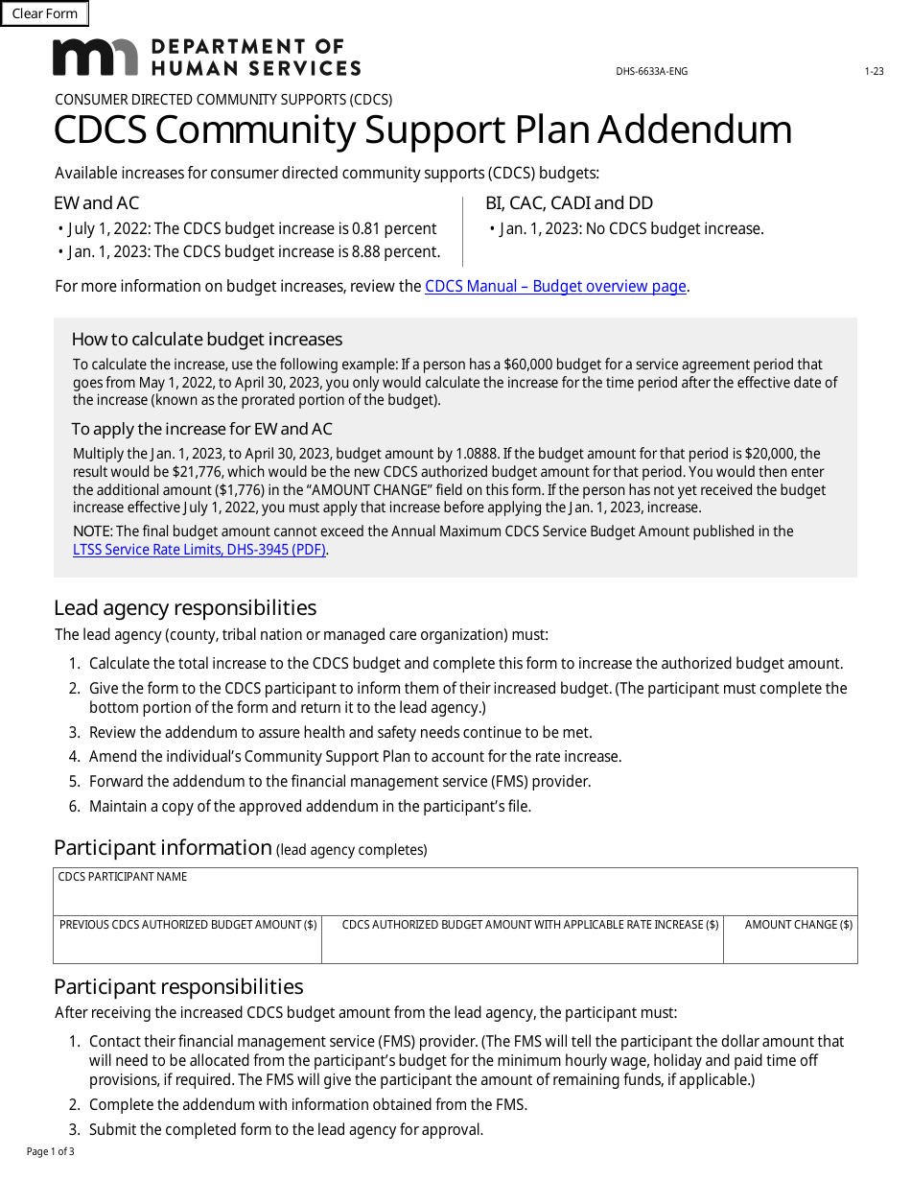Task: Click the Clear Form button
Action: (x=45, y=13)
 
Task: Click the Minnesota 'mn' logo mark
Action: (x=95, y=58)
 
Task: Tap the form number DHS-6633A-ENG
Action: (x=651, y=72)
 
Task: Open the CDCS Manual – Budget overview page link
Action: (x=555, y=286)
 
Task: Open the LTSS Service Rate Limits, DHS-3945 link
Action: (x=199, y=550)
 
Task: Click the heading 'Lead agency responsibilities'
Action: (x=185, y=608)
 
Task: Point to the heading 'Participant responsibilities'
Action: (x=178, y=986)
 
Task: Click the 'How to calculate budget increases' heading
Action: (x=207, y=340)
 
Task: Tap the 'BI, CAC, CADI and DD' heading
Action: (x=569, y=202)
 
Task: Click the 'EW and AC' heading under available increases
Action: (x=97, y=202)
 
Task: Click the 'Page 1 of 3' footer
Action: (x=50, y=1151)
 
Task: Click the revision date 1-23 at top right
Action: (x=874, y=72)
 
